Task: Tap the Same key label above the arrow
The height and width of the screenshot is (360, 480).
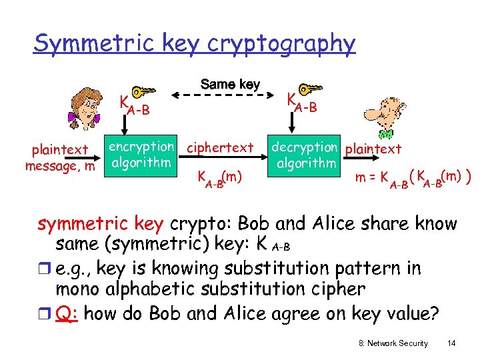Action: (230, 85)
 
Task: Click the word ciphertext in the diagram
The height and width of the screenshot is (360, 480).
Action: (221, 147)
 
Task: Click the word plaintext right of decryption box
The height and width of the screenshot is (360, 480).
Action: (374, 149)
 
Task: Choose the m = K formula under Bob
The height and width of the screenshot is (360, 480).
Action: (413, 179)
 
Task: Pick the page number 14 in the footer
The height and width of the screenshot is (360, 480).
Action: (451, 343)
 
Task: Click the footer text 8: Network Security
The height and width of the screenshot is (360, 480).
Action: (393, 343)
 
